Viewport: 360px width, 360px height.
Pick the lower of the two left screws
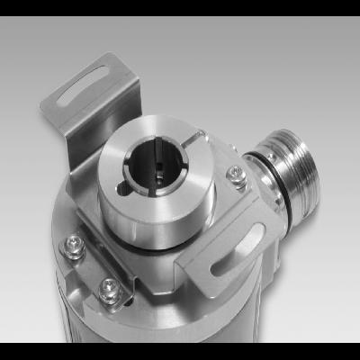pyautogui.click(x=109, y=290)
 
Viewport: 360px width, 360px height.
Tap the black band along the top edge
pyautogui.click(x=180, y=7)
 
